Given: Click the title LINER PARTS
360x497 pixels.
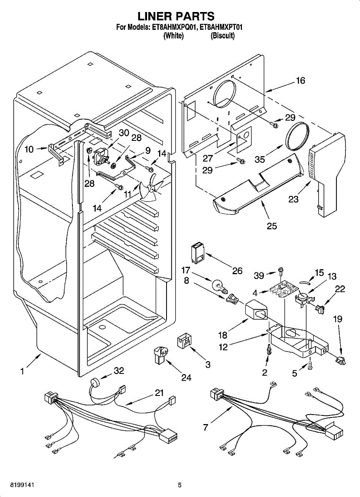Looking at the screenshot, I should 176,16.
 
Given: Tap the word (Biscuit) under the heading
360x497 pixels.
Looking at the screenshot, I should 223,36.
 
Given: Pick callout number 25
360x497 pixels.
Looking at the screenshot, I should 272,226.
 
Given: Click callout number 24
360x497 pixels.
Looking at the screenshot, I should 186,378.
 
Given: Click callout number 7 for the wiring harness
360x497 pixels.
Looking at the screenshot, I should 205,427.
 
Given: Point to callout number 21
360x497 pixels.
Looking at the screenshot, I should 159,393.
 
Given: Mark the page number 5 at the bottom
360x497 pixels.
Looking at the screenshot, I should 180,485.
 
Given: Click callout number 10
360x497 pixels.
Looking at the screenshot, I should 29,150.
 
